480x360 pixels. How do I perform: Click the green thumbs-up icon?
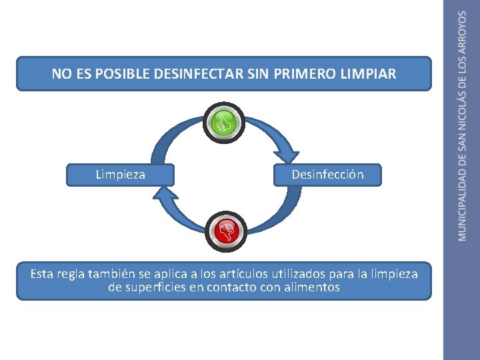(x=224, y=123)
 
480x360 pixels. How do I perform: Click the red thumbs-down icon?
(x=225, y=231)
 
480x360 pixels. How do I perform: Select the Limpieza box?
(x=121, y=175)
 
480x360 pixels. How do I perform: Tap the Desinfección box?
(x=327, y=175)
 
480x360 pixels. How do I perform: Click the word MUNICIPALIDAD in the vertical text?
(x=463, y=205)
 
